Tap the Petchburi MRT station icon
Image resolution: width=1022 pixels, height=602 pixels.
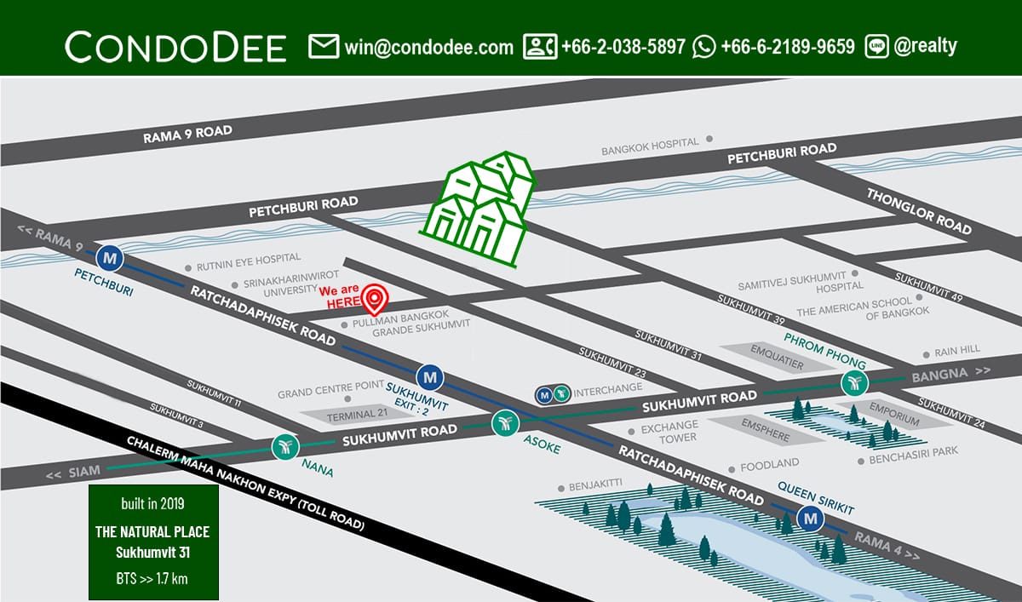coord(110,255)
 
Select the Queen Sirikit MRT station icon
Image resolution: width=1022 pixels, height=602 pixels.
coord(810,517)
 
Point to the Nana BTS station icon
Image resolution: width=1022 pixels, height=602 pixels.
coord(284,445)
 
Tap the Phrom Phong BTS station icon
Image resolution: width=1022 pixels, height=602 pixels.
coord(854,382)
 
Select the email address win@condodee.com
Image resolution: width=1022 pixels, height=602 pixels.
coord(428,46)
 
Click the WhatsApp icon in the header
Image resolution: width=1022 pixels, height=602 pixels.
coord(704,46)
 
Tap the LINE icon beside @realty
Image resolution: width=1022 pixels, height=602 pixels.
coord(876,46)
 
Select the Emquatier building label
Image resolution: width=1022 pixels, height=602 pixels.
coord(775,350)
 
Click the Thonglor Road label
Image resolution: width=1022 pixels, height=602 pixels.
coord(919,210)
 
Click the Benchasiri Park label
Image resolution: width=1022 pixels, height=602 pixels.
coord(913,460)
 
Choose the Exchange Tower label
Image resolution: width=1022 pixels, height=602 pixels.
coord(669,431)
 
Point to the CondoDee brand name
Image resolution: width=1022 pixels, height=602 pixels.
coord(175,47)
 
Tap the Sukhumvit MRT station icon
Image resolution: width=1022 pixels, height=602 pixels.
coord(431,375)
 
